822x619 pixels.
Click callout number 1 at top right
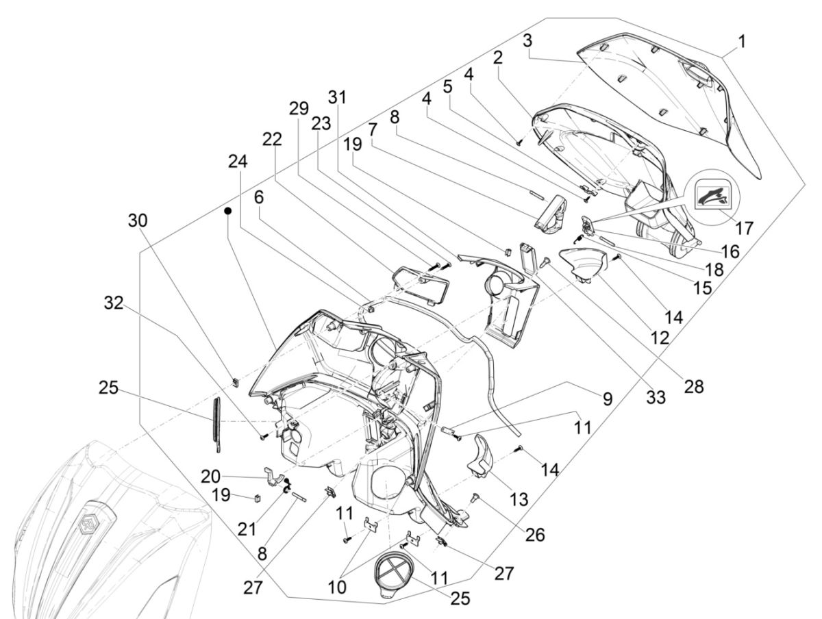tap(743, 42)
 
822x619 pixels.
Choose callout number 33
tap(656, 396)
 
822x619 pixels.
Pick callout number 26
tap(535, 534)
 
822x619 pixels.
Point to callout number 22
tap(271, 139)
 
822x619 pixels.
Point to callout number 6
tap(258, 197)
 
